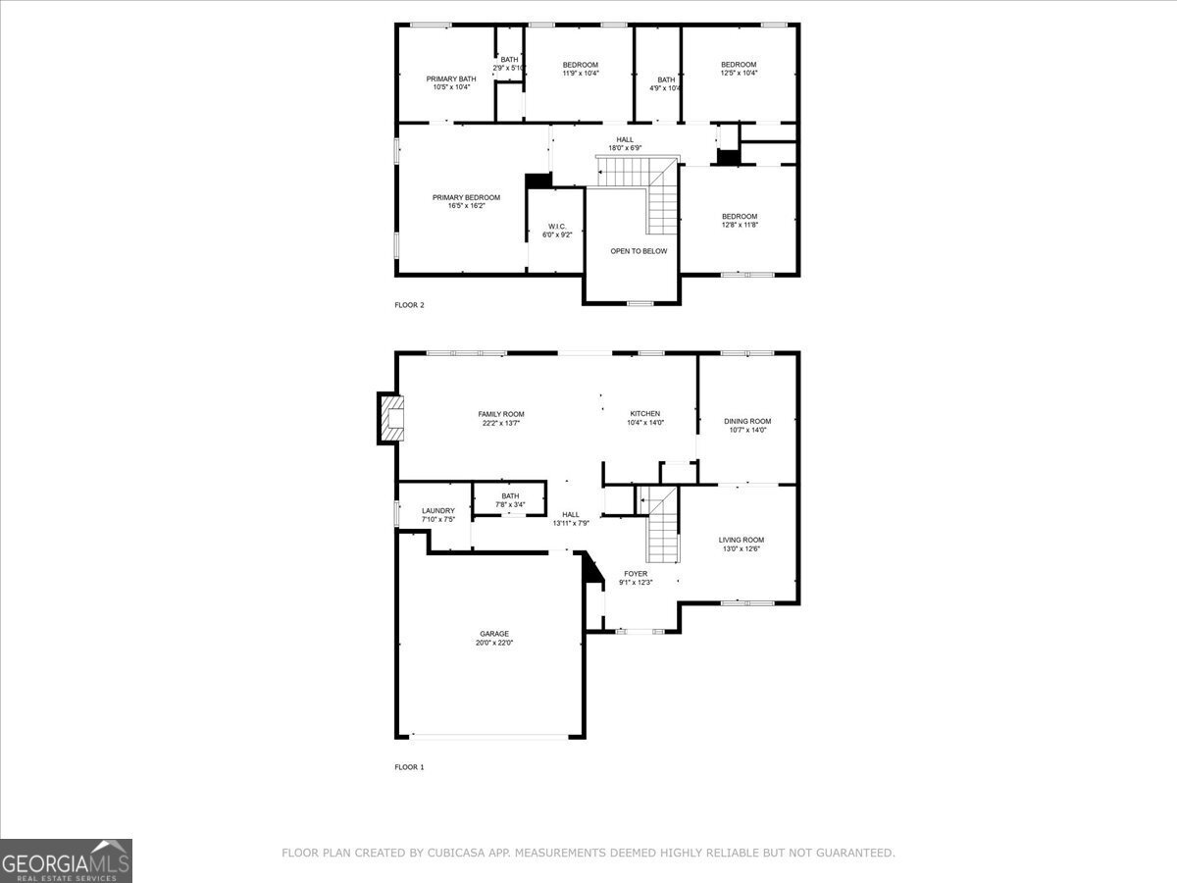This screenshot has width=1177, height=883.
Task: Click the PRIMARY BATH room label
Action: point(451,78)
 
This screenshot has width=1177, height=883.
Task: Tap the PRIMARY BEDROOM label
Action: point(466,197)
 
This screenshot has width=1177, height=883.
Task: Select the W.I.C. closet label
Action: point(556,227)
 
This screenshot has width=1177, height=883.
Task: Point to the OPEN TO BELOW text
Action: point(639,251)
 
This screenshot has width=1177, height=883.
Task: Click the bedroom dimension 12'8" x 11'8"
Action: point(740,225)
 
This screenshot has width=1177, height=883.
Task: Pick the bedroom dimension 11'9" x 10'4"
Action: point(580,73)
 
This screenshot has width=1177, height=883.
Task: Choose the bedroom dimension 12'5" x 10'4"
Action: point(739,73)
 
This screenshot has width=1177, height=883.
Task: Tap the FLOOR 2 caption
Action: point(409,305)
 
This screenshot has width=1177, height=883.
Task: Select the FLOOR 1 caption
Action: point(409,767)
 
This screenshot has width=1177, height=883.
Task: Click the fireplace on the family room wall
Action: point(390,418)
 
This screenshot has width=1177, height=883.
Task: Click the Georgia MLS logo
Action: point(66,860)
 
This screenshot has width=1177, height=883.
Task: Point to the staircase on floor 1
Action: point(662,525)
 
